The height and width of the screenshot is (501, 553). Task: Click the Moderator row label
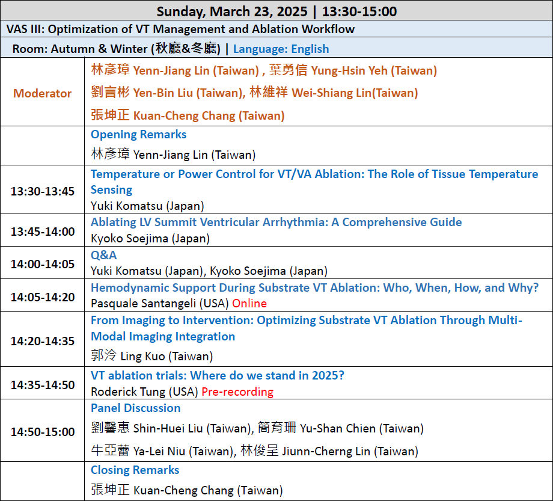(42, 93)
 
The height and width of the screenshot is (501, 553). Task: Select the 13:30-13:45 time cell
(43, 191)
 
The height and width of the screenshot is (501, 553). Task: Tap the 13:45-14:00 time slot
(43, 232)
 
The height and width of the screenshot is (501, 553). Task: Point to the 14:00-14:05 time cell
(43, 264)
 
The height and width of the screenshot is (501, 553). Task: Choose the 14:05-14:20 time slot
(43, 297)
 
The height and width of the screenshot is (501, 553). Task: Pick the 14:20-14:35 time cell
(43, 341)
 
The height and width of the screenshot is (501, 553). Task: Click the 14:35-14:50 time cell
(43, 384)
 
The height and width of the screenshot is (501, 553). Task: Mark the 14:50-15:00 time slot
(43, 431)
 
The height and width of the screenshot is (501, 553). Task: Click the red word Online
(249, 303)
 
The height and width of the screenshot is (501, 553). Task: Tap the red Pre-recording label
(237, 392)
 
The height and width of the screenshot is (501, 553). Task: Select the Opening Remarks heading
(139, 135)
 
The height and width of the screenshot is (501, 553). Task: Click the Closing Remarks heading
(135, 470)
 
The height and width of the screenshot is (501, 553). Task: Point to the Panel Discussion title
(136, 408)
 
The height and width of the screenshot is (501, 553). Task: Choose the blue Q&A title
(103, 255)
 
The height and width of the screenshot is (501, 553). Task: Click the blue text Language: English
(281, 49)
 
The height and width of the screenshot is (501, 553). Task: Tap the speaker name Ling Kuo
(142, 356)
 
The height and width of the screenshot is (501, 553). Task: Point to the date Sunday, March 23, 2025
(232, 11)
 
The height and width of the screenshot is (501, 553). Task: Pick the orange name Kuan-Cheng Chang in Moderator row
(185, 115)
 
